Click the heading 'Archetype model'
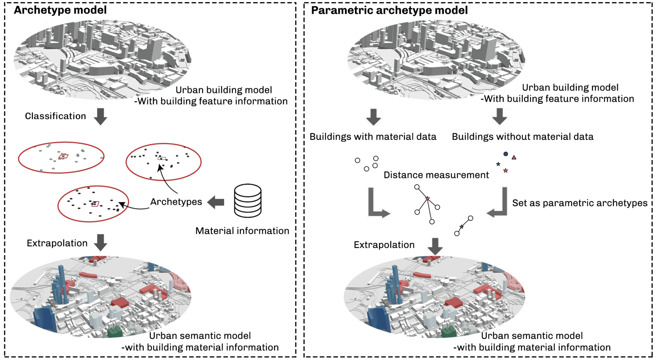point(60,10)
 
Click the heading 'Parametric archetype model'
point(389,10)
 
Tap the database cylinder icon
point(248,201)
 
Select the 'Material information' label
point(242,231)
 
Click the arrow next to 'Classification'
point(100,117)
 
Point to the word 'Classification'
point(55,116)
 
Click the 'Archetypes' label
point(176,202)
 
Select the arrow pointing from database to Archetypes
point(216,202)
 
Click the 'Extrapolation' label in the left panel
point(57,243)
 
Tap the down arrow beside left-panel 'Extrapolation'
point(100,242)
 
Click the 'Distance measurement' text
point(436,175)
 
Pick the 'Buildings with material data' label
point(373,137)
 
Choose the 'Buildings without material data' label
point(522,137)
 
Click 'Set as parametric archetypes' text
point(580,203)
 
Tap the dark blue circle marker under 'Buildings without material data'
point(506,154)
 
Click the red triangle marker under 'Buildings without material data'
point(514,157)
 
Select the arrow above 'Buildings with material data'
point(373,117)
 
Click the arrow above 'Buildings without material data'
point(499,117)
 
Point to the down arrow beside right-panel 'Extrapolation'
point(435,246)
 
